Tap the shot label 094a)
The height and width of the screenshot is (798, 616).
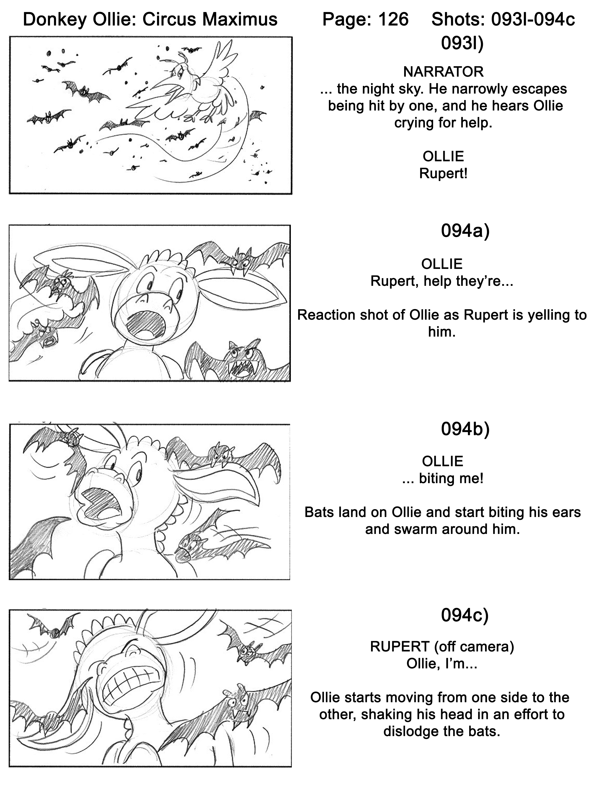[x=465, y=231]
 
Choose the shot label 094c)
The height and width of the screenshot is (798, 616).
[x=465, y=615]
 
